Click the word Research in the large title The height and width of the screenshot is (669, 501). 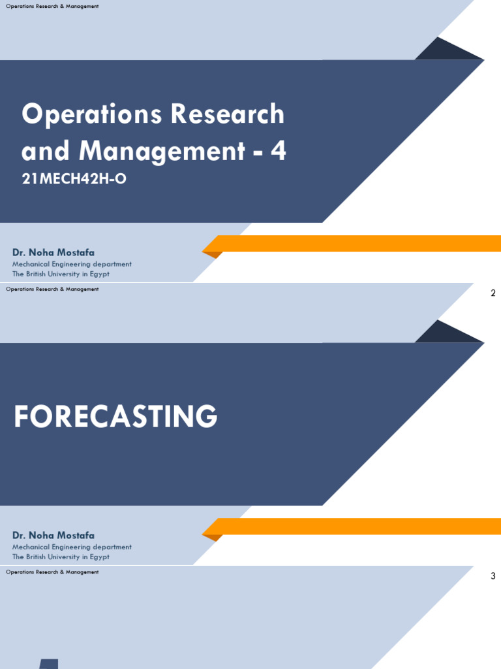pyautogui.click(x=228, y=114)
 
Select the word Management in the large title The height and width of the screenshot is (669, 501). pyautogui.click(x=162, y=152)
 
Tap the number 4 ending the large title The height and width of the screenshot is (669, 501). pyautogui.click(x=279, y=152)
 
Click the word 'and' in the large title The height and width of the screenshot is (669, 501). pyautogui.click(x=46, y=152)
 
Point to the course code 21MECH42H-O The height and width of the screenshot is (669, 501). pyautogui.click(x=73, y=179)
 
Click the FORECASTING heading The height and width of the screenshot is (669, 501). pyautogui.click(x=115, y=416)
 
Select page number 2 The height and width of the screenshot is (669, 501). pyautogui.click(x=493, y=293)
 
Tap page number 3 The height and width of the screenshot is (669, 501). pyautogui.click(x=493, y=576)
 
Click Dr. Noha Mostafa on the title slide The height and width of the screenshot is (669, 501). pyautogui.click(x=53, y=252)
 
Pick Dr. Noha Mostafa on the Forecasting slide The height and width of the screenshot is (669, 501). pyautogui.click(x=53, y=535)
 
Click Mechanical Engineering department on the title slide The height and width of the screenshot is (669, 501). pyautogui.click(x=72, y=264)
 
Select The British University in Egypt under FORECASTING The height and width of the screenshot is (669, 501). pyautogui.click(x=61, y=557)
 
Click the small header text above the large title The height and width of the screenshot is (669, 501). pyautogui.click(x=52, y=6)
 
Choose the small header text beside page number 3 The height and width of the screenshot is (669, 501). pyautogui.click(x=52, y=572)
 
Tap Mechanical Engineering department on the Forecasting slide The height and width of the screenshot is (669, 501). pyautogui.click(x=72, y=547)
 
